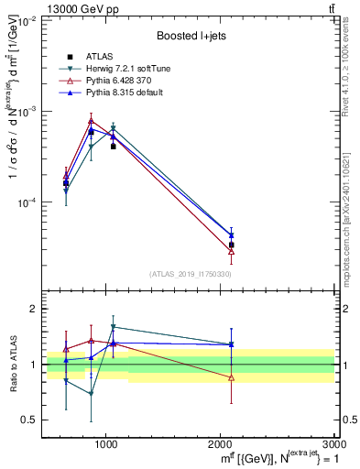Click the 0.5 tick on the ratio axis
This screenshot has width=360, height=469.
click(31, 420)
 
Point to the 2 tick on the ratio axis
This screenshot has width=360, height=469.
click(35, 310)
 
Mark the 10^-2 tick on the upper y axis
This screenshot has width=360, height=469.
click(27, 20)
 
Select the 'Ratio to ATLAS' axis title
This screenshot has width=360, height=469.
click(12, 364)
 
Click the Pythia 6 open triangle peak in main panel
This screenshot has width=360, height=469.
click(91, 120)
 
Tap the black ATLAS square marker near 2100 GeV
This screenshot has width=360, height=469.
click(232, 245)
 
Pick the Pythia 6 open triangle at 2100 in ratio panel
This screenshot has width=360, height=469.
click(232, 377)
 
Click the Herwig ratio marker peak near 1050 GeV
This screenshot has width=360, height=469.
click(113, 327)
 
